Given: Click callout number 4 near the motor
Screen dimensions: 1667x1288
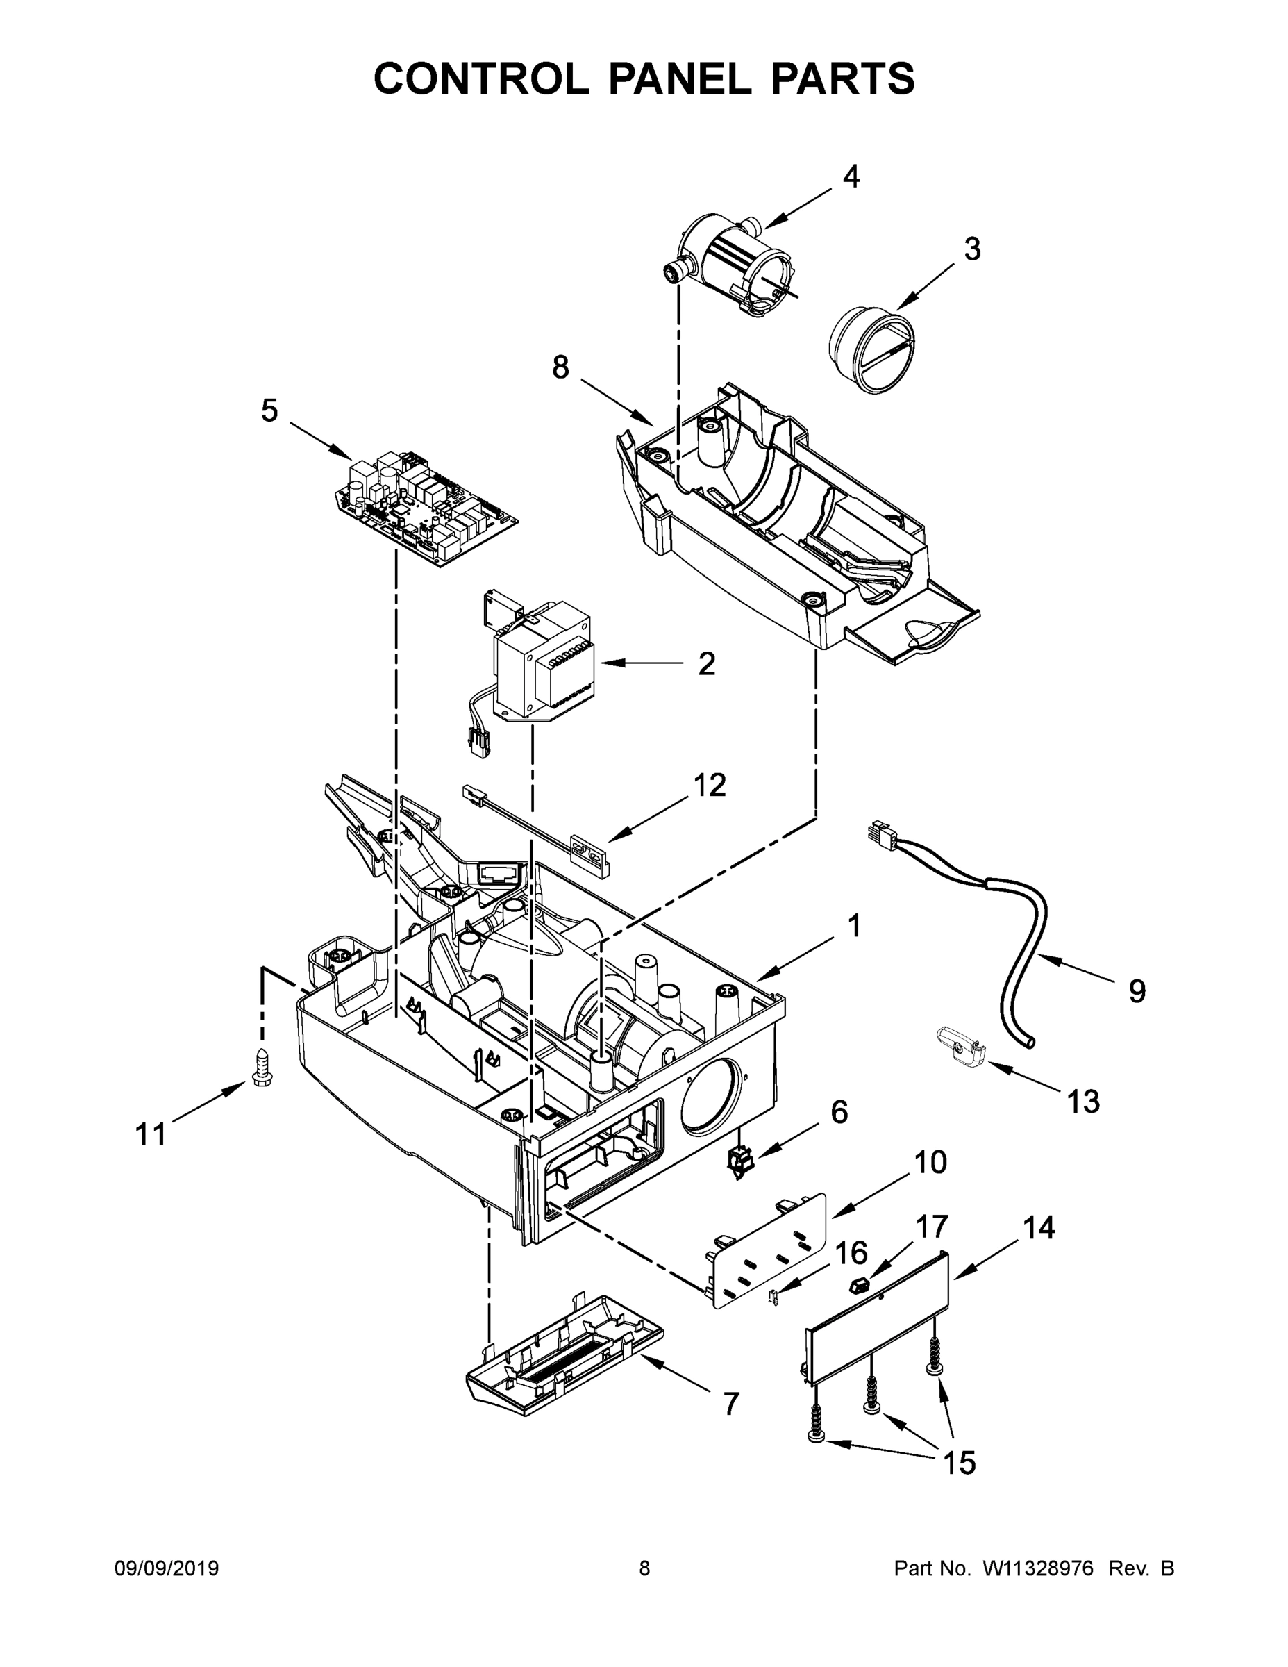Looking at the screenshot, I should click(x=851, y=177).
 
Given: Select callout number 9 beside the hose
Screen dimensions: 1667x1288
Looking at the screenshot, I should click(x=1137, y=991).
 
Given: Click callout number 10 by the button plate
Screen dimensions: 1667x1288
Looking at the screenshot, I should click(x=930, y=1163).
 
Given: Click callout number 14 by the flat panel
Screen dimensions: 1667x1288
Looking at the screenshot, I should click(x=1039, y=1227).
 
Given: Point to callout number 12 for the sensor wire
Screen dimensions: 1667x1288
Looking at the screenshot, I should click(x=709, y=785).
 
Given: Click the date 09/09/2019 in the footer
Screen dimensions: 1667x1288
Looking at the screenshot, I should click(x=167, y=1568).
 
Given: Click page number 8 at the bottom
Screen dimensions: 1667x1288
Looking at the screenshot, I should click(x=644, y=1568).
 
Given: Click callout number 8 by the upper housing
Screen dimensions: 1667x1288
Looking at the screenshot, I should click(x=561, y=368).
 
